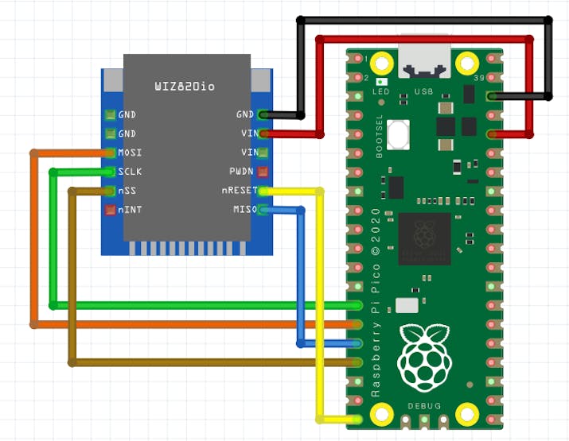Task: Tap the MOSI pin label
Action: [130, 153]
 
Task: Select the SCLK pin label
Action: [130, 172]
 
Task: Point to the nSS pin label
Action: [127, 191]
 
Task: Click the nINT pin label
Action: [130, 210]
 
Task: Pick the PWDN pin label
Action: [241, 172]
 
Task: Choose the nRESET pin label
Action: [239, 191]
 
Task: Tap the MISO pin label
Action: [244, 210]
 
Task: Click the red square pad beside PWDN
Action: [263, 172]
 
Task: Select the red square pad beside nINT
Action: [111, 210]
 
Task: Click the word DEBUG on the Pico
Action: [424, 405]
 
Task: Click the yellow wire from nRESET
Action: [320, 302]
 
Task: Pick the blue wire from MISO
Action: [300, 278]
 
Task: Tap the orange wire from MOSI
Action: [33, 238]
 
